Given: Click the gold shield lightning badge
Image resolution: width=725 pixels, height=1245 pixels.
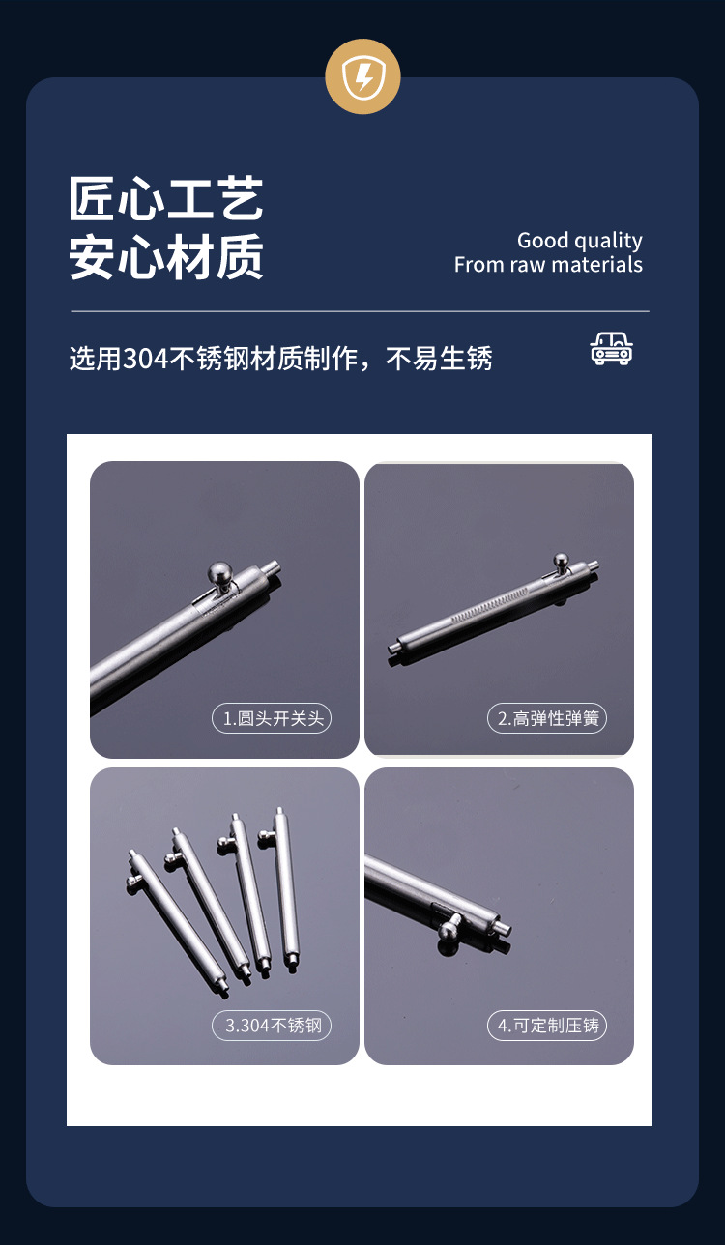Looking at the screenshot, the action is [362, 76].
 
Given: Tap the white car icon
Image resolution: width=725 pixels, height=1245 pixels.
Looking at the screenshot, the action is [611, 349].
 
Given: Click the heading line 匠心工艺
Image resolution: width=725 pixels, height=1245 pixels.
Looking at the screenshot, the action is [165, 198].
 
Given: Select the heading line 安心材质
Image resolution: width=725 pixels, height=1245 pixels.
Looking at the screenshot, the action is [165, 256].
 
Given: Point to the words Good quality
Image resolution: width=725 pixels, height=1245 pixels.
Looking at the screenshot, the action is [580, 242].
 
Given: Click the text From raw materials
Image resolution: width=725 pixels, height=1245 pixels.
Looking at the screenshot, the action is [548, 265].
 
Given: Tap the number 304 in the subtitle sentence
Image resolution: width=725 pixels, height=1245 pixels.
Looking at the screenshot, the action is [146, 359].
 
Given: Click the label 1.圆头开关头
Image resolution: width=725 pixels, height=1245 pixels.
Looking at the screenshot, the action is [272, 718].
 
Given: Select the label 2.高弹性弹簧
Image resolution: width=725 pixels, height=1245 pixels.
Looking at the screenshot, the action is [547, 718].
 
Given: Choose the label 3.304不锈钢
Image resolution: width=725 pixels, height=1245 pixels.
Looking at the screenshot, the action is [272, 1025].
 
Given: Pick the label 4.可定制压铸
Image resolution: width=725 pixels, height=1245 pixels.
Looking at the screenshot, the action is [547, 1025].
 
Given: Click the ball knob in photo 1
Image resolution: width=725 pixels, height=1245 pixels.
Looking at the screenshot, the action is [219, 573].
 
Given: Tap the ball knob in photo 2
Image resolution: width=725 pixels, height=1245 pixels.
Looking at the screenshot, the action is [561, 561].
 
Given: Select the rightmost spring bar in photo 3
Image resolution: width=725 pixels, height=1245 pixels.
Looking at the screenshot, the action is [282, 888].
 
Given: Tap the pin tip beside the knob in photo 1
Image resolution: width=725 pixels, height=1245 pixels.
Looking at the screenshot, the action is [272, 567].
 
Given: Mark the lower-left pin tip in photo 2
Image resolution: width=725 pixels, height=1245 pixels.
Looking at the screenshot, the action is [393, 647].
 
